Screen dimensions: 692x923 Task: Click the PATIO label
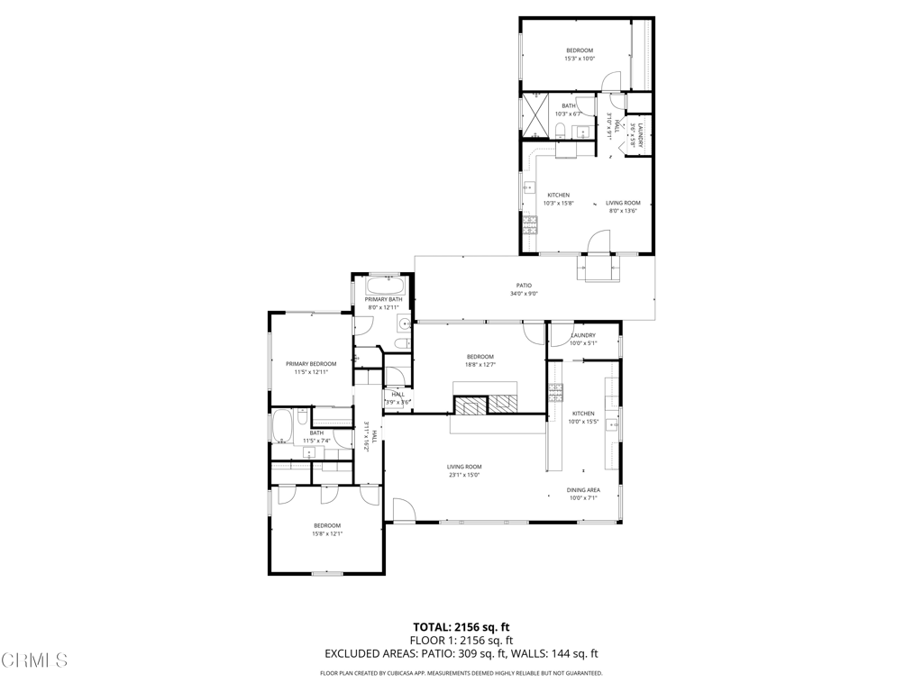pyautogui.click(x=524, y=286)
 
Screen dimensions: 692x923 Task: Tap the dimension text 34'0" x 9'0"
pyautogui.click(x=524, y=293)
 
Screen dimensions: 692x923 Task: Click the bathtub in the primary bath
pyautogui.click(x=385, y=287)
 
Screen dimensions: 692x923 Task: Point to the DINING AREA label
pyautogui.click(x=583, y=490)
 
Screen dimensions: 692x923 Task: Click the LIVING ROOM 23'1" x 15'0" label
pyautogui.click(x=464, y=467)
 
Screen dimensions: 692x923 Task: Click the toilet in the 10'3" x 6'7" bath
pyautogui.click(x=561, y=133)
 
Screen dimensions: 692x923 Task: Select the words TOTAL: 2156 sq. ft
pyautogui.click(x=461, y=627)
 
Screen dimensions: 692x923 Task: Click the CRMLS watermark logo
pyautogui.click(x=34, y=660)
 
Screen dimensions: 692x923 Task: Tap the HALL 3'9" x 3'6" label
pyautogui.click(x=398, y=397)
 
